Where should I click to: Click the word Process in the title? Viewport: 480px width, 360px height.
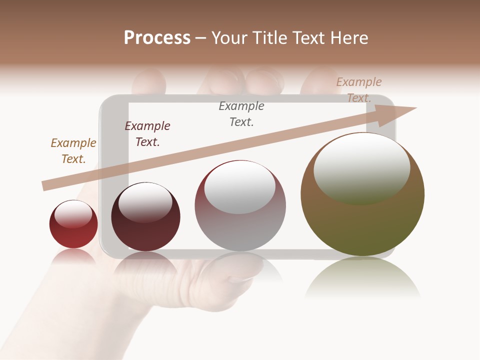[157, 38]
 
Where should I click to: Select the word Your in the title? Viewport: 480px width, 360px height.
[229, 38]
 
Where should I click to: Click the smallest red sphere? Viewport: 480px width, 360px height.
[73, 224]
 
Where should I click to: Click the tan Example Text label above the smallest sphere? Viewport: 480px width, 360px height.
[73, 151]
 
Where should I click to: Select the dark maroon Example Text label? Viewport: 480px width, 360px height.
[147, 134]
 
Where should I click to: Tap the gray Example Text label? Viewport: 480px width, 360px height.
[241, 114]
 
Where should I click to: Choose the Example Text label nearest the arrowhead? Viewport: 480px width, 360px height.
[359, 90]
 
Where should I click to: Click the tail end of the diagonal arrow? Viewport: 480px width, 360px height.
[45, 186]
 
